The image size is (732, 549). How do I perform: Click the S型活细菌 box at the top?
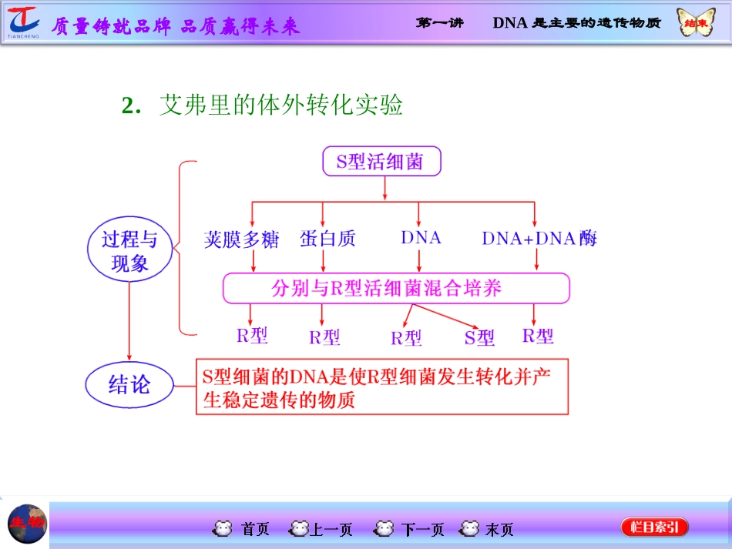pos(381,161)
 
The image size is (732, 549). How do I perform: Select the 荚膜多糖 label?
pos(241,239)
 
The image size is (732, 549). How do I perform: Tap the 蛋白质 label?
pos(327,239)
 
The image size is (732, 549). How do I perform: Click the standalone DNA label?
pos(421,238)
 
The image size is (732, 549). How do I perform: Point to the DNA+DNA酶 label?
pos(539,239)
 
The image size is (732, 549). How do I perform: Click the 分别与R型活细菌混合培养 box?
pos(396,289)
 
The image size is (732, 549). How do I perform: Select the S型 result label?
pos(479,337)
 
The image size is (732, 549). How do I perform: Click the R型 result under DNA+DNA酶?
pos(537,336)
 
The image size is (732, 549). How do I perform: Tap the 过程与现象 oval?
pos(129,252)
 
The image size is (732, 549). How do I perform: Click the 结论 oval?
pos(129,383)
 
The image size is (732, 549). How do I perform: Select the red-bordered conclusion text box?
pos(381,387)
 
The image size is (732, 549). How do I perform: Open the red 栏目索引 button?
pos(654,527)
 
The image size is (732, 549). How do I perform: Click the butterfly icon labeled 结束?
pos(696,22)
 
